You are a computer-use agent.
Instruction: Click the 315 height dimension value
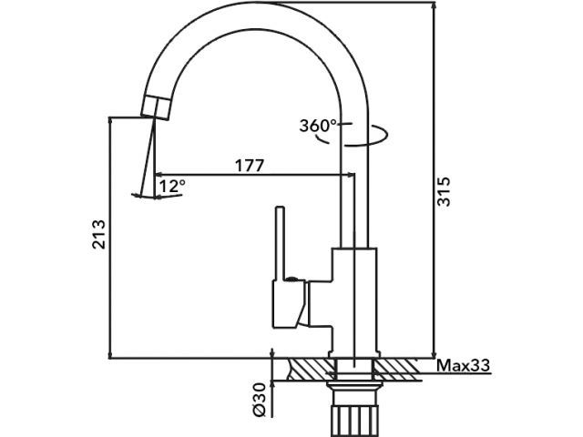tap(444, 190)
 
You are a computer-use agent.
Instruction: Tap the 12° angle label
tap(172, 186)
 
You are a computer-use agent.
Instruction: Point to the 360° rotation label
tap(318, 126)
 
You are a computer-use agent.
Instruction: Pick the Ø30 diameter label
tap(258, 399)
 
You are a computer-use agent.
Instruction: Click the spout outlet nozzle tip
tap(156, 107)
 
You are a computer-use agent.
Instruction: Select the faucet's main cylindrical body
tap(354, 300)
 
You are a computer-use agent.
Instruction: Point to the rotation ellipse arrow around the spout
tap(373, 137)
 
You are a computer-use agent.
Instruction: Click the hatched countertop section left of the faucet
tap(310, 369)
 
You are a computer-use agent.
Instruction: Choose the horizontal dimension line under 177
tap(249, 175)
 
